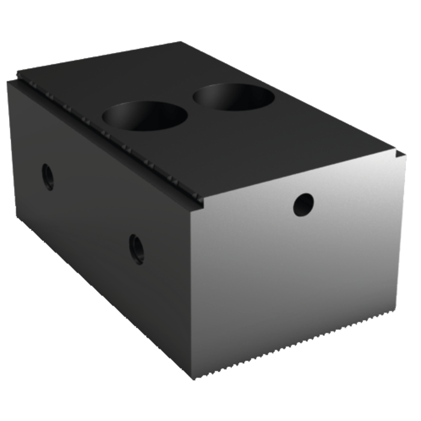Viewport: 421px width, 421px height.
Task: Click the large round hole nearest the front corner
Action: pos(145,115)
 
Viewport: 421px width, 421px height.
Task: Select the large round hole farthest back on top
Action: pos(233,96)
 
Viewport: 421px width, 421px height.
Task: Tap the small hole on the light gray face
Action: pos(303,204)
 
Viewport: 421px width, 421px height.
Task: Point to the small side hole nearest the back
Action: pos(48,176)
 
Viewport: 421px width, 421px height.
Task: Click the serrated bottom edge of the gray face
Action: pos(301,355)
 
